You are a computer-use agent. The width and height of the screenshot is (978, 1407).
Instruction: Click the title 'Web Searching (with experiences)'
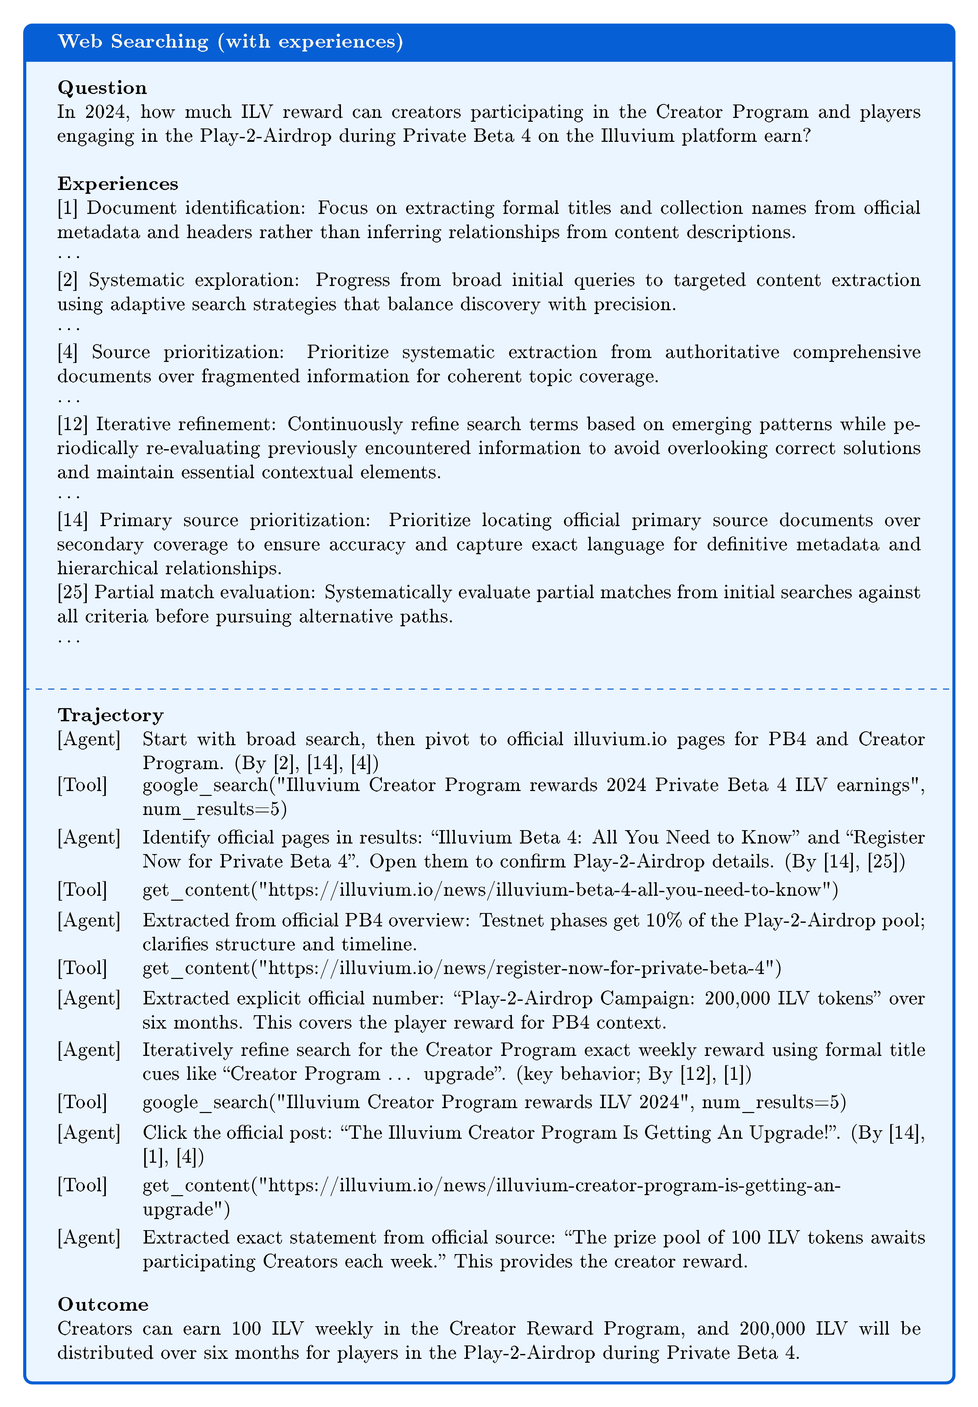[230, 42]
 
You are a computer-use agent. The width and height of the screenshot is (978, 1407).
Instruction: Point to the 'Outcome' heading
[103, 1305]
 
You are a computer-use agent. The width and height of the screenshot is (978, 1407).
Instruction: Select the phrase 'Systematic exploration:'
[195, 280]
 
